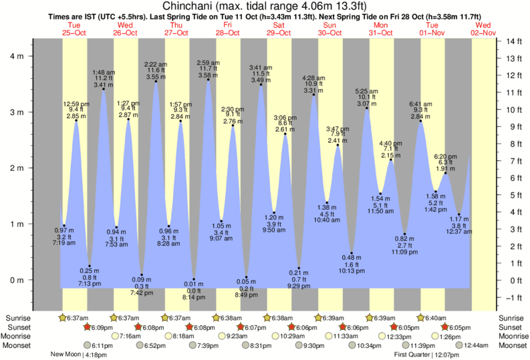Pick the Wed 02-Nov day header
pos(483,29)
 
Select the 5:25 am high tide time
pos(366,91)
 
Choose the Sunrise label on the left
pos(20,318)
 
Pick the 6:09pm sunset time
pos(101,327)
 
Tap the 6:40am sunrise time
pos(438,318)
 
